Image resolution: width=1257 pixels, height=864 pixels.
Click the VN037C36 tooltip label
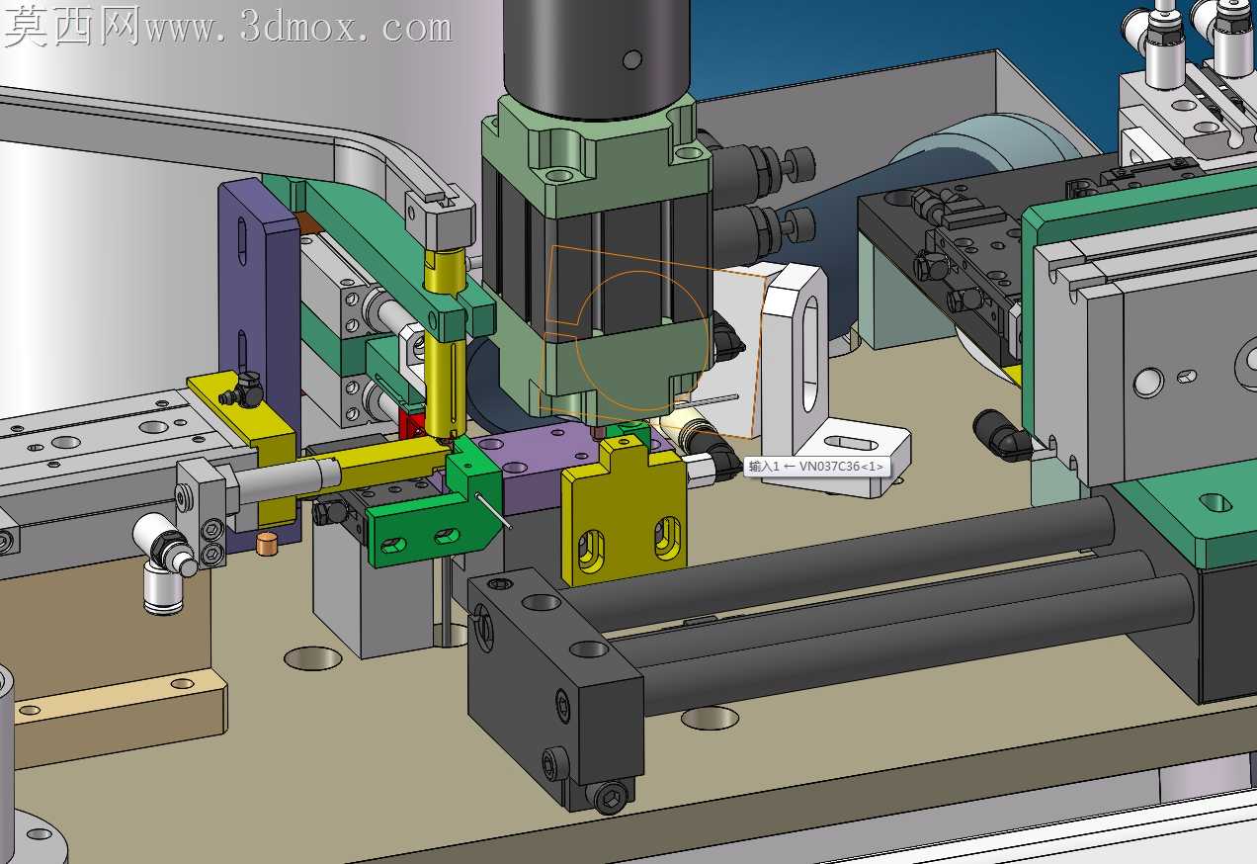816,467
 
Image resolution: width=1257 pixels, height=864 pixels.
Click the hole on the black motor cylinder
632,59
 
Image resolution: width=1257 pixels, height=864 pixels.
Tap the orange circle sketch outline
641,341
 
